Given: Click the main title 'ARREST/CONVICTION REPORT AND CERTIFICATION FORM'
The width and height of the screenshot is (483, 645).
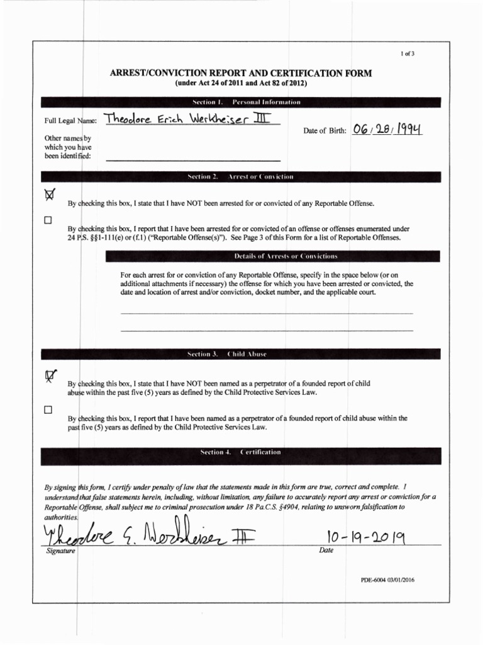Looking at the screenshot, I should pos(241,74).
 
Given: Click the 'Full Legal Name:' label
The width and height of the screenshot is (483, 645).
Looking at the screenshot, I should pos(70,120).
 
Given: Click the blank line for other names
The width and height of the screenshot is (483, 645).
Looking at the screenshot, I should pos(192,161).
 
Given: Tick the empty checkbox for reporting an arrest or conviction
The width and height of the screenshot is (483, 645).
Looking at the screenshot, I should pos(48,221).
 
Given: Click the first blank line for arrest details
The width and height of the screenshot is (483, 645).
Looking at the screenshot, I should pos(266,312).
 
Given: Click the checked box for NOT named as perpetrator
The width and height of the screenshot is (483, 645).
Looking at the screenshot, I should pos(48,375).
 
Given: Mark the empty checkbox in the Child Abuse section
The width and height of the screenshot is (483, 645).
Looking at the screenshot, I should pos(48,410).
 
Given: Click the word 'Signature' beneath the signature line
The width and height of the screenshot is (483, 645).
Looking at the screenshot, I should pos(60,551).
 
